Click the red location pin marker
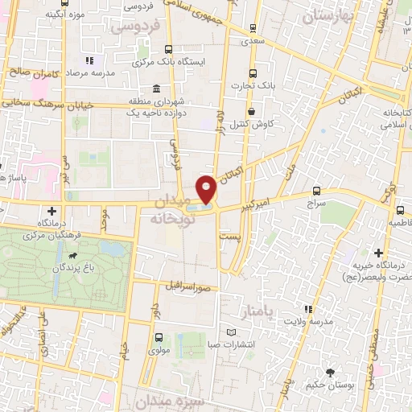[206, 188]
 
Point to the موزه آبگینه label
[67, 14]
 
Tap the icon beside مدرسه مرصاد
[89, 60]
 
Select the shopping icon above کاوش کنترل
[253, 112]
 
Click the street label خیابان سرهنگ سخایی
[47, 104]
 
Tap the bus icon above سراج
[315, 192]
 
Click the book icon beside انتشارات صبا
[232, 332]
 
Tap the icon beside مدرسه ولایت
[307, 308]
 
